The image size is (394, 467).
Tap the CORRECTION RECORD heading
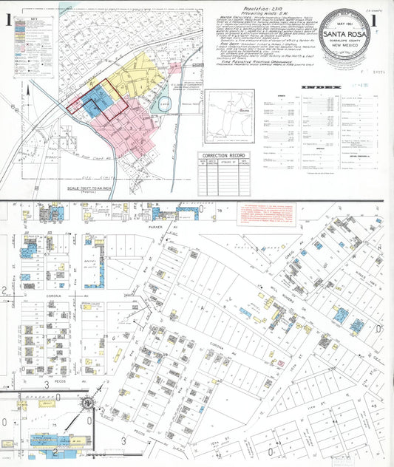(221, 156)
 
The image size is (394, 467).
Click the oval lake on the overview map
(165, 104)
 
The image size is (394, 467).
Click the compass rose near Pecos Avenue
(89, 403)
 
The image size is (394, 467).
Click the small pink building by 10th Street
(279, 364)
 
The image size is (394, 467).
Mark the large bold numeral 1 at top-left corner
(7, 23)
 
